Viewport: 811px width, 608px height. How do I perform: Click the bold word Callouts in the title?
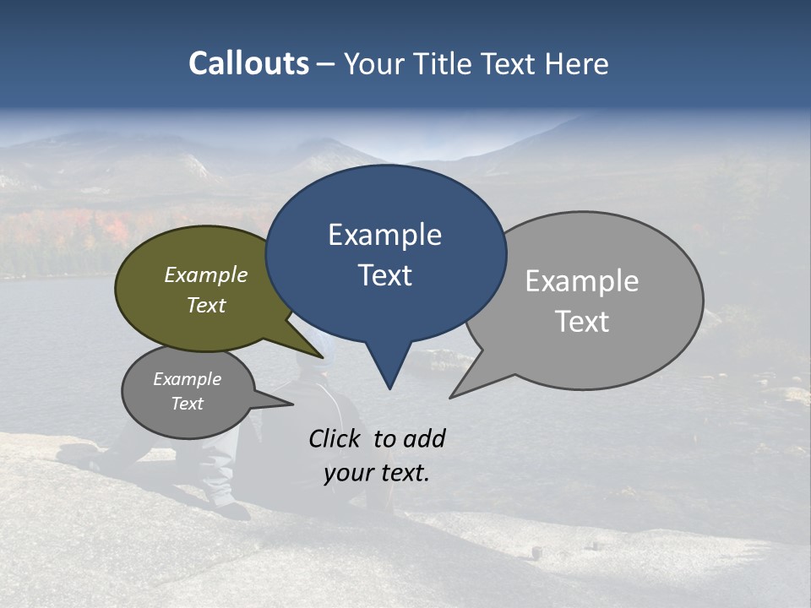click(x=248, y=63)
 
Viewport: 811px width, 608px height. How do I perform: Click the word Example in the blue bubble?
click(x=384, y=235)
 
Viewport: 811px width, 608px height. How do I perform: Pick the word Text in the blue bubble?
click(x=384, y=275)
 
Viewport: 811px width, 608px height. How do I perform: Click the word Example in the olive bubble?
click(x=206, y=274)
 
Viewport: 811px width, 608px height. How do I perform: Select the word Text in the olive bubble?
click(x=206, y=305)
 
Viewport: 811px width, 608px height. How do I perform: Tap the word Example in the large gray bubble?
click(x=581, y=280)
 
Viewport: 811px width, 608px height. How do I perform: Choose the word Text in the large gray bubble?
click(x=582, y=322)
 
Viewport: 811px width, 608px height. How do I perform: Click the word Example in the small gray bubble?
click(x=187, y=379)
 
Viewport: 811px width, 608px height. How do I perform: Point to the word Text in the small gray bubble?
click(x=187, y=404)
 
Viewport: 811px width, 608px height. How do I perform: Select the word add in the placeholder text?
click(x=423, y=438)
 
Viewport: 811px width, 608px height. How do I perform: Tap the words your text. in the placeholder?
click(x=377, y=473)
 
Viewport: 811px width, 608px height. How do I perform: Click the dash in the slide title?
click(x=326, y=64)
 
